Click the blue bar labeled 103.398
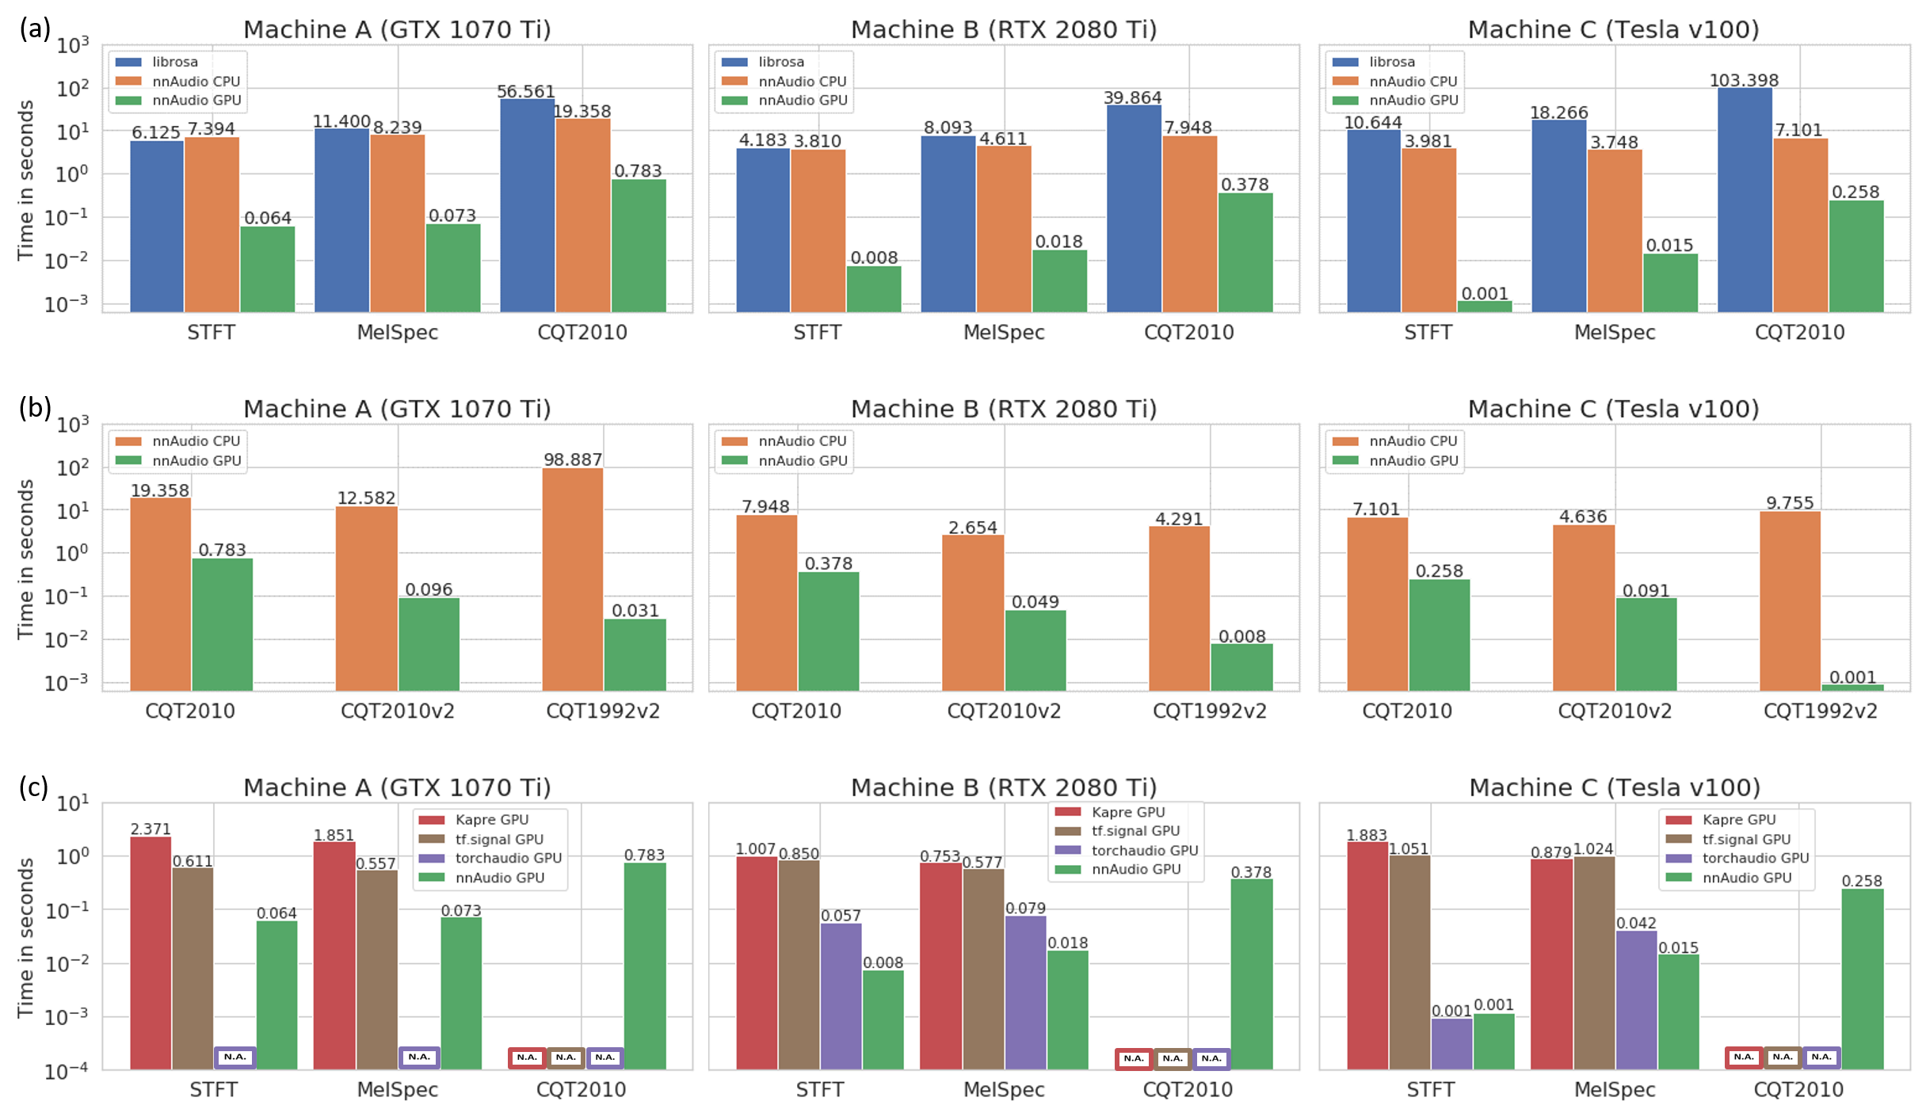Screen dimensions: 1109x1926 (x=1745, y=198)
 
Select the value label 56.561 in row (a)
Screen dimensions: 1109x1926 (x=526, y=92)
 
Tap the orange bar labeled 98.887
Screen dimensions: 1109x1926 (x=572, y=578)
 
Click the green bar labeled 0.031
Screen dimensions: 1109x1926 (x=635, y=654)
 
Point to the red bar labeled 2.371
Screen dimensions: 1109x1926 (x=151, y=951)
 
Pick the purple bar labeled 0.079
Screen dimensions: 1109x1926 (x=1025, y=990)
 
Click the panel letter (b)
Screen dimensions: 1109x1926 (x=35, y=407)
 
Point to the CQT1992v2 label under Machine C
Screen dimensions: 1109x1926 (x=1820, y=711)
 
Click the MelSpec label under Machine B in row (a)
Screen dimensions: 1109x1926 (x=1003, y=332)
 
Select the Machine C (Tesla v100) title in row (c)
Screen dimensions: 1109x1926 (x=1614, y=787)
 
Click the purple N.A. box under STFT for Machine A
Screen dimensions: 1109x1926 (x=235, y=1057)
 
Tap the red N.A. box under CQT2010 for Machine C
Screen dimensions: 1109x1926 (x=1743, y=1057)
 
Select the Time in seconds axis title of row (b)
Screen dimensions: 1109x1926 (x=26, y=558)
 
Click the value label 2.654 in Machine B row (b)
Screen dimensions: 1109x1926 (x=972, y=528)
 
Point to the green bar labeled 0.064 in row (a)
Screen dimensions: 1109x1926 (x=268, y=269)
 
